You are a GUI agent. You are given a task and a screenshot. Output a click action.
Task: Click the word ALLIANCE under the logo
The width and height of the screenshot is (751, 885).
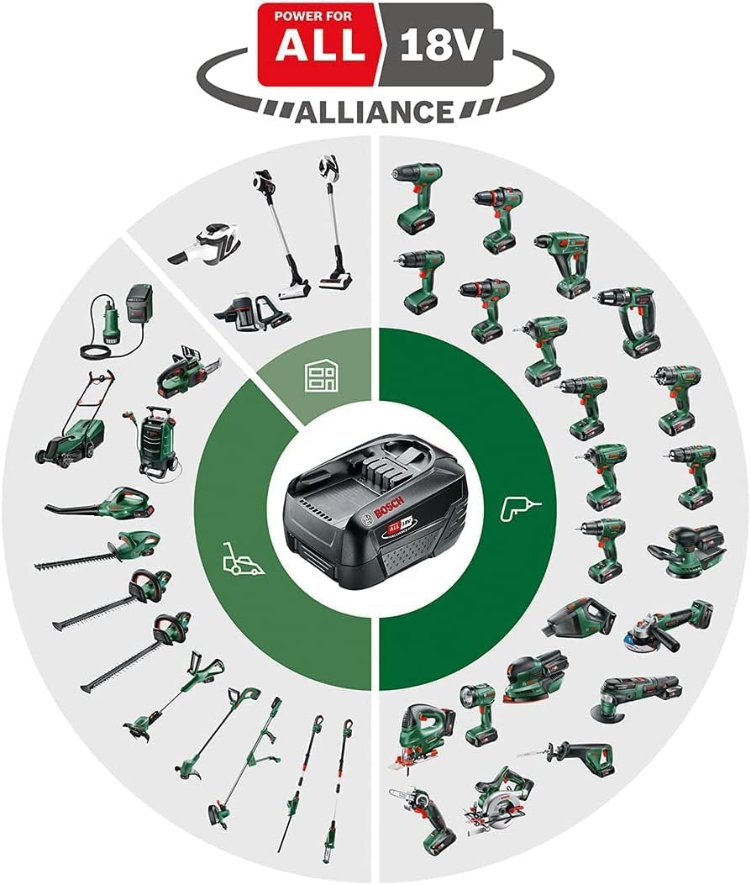(375, 109)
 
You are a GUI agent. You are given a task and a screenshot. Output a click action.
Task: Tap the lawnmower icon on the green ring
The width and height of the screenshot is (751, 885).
(241, 558)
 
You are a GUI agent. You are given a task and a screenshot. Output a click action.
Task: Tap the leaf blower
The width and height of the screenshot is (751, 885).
(105, 503)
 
